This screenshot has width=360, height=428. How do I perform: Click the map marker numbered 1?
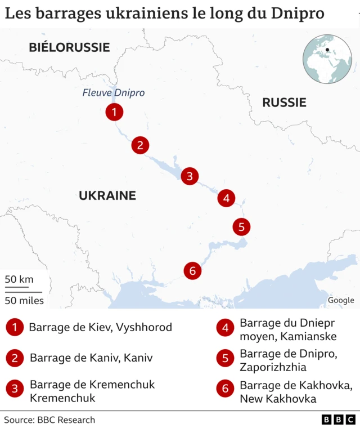pos(114,112)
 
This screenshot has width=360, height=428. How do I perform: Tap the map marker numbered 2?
pos(140,145)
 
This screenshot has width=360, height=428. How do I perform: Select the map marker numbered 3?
pos(190,176)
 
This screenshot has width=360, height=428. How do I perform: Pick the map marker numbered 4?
pos(226,198)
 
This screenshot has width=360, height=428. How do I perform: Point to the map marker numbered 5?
pos(241,227)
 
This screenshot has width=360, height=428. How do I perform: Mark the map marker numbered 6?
pos(192,271)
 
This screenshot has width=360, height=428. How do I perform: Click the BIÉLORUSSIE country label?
pos(69,47)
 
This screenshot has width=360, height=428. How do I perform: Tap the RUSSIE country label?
pos(284,102)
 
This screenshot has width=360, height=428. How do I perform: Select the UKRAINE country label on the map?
pos(107,196)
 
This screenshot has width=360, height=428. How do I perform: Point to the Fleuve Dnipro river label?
pos(113,93)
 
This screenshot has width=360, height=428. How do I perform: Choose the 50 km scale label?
pos(19,279)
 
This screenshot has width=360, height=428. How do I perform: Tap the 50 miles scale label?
pos(24,300)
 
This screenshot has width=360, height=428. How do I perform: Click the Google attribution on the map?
pos(341,300)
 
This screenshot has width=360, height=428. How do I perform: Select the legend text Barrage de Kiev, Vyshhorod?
pos(100,327)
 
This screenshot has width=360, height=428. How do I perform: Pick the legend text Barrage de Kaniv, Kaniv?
pos(91,358)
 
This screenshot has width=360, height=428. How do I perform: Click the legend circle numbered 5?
pos(225,358)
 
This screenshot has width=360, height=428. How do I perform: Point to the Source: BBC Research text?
pos(49,420)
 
